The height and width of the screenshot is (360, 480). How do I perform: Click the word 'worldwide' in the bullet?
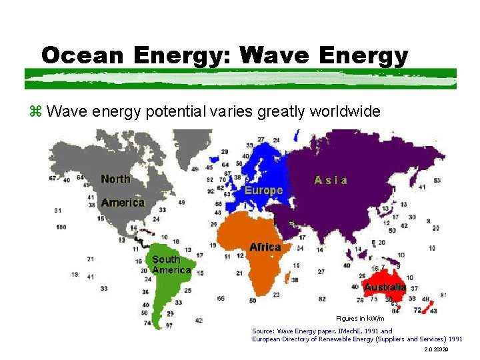tap(344, 111)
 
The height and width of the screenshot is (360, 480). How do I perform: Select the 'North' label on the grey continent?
tap(116, 179)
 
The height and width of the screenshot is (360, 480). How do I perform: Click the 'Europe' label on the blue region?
tap(263, 190)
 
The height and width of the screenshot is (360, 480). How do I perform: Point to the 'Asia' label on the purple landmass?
tap(331, 180)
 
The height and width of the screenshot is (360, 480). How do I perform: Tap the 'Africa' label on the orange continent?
tap(265, 247)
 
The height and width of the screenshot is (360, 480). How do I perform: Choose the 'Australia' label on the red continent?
tap(385, 287)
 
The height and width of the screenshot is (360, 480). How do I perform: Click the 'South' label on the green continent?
tap(166, 259)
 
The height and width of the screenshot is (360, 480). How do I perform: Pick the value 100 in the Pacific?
tap(61, 227)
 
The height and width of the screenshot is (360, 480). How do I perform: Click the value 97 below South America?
tap(169, 326)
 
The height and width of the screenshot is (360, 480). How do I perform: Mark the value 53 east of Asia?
tap(437, 181)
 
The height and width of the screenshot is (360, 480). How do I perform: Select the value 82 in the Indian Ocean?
tap(322, 299)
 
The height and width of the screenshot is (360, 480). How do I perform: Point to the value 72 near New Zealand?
tap(417, 310)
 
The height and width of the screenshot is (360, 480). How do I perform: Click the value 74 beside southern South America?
tap(147, 323)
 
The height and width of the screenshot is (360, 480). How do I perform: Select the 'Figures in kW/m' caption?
tap(360, 319)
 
